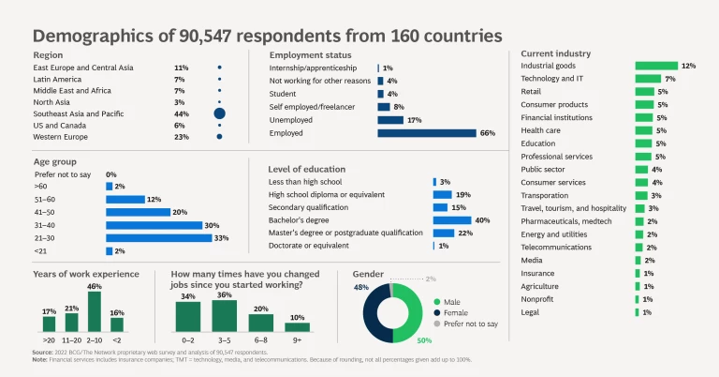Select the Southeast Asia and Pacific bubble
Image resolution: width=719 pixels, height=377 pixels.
[x=219, y=113]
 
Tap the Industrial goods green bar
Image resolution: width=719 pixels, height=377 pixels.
[x=655, y=66]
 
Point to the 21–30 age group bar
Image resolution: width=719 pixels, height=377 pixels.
[x=154, y=238]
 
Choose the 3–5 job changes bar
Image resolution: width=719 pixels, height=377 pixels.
[x=225, y=316]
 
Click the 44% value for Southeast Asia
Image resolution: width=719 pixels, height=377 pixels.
[x=182, y=113]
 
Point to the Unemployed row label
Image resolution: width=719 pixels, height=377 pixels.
[x=290, y=120]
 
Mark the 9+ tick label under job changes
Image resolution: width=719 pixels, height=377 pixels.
[x=297, y=339]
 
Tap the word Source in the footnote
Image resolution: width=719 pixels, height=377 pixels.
[x=44, y=352]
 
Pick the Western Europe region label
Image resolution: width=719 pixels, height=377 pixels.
[x=61, y=136]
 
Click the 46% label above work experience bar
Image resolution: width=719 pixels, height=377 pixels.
[x=94, y=286]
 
